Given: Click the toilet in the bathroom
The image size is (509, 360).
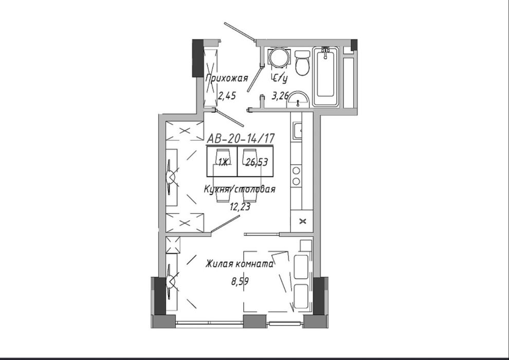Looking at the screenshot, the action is (x=302, y=63).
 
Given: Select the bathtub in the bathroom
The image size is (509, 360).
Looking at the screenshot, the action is (x=325, y=77).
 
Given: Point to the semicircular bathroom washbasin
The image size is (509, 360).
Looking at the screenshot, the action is (x=298, y=99).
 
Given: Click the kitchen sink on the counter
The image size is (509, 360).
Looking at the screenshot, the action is (x=297, y=131).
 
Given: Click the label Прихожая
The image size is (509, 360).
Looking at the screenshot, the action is (x=227, y=78).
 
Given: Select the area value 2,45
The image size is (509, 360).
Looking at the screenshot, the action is (x=227, y=96).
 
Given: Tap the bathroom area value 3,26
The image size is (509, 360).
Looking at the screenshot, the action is (x=280, y=96).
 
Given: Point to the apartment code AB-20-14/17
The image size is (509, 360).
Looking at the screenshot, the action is (x=241, y=139).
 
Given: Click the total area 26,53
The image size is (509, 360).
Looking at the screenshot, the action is (x=257, y=162).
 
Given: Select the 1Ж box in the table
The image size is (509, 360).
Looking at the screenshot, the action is (x=222, y=161).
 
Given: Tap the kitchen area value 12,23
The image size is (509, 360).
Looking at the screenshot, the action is (x=240, y=206).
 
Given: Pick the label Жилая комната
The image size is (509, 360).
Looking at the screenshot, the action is (x=239, y=264).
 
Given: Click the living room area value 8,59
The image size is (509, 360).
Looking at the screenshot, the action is (x=240, y=281).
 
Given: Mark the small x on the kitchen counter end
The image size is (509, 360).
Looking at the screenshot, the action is (x=302, y=221).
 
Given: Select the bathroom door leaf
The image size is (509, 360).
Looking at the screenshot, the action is (x=255, y=79).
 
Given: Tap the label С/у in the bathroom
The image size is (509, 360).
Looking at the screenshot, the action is (x=279, y=78).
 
